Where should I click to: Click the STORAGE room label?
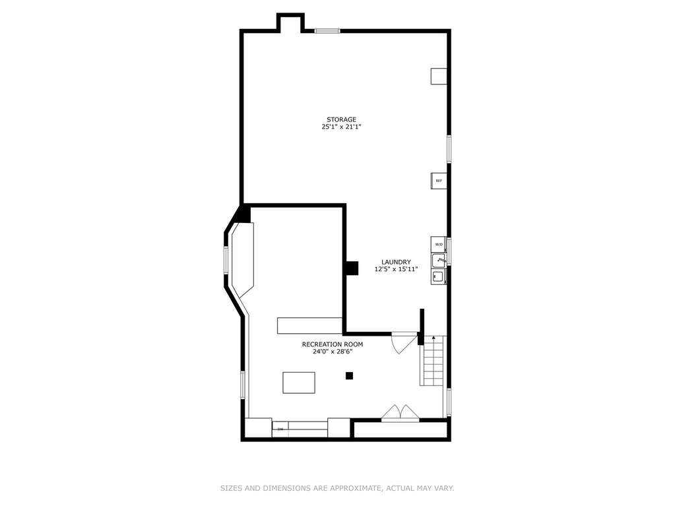pyautogui.click(x=341, y=119)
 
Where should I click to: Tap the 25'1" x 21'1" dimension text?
pyautogui.click(x=341, y=127)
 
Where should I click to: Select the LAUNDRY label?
pyautogui.click(x=396, y=262)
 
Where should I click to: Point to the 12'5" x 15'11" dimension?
pyautogui.click(x=396, y=269)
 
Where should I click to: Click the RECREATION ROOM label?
pyautogui.click(x=333, y=344)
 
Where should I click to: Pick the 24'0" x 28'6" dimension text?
pyautogui.click(x=333, y=352)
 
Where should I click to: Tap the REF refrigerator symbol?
pyautogui.click(x=438, y=181)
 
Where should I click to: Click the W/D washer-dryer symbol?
pyautogui.click(x=439, y=244)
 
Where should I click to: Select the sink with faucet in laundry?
pyautogui.click(x=439, y=261)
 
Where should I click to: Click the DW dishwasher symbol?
pyautogui.click(x=280, y=429)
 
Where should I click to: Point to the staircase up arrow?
pyautogui.click(x=434, y=339)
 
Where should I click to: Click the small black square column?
pyautogui.click(x=349, y=375)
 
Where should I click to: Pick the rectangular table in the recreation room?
pyautogui.click(x=299, y=383)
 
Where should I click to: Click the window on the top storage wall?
pyautogui.click(x=327, y=31)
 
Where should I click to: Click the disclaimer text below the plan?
pyautogui.click(x=337, y=488)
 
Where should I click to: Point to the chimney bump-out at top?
pyautogui.click(x=290, y=22)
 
